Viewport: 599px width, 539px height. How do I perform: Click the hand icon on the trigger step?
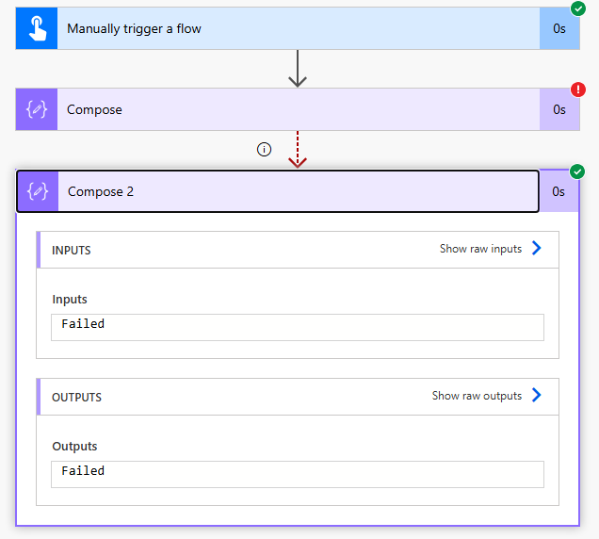(x=37, y=28)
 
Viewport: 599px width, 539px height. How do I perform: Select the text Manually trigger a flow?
(x=134, y=28)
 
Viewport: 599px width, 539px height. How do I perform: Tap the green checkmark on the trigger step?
(x=577, y=9)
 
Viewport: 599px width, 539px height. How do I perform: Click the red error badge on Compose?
(x=577, y=90)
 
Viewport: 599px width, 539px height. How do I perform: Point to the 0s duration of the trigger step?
(x=559, y=28)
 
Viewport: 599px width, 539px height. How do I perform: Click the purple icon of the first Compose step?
(x=37, y=109)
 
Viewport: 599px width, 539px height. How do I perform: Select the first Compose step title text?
(x=94, y=109)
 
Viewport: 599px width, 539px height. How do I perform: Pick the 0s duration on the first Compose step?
(x=559, y=109)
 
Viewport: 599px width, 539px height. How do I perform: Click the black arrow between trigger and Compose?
(x=298, y=69)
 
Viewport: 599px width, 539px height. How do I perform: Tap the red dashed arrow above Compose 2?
(x=298, y=150)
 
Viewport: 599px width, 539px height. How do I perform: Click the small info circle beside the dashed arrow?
(x=265, y=150)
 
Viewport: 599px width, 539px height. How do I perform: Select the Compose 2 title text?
(x=101, y=191)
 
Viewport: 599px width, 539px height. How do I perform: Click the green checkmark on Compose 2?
(x=577, y=171)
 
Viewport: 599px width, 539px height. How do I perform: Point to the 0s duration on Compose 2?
(x=559, y=191)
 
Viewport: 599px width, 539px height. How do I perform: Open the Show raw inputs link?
(x=491, y=249)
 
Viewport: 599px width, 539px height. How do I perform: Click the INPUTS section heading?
(x=72, y=250)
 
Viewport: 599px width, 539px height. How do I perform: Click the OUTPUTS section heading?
(x=76, y=397)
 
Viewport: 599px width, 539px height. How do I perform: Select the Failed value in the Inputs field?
(x=83, y=324)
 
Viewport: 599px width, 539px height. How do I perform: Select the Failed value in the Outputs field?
(x=83, y=471)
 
